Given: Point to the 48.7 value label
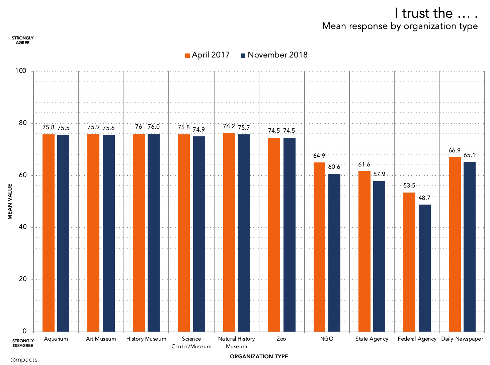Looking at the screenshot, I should pos(424,198).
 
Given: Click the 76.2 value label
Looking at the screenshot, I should pos(229,126).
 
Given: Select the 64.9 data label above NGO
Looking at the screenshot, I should pos(319,156).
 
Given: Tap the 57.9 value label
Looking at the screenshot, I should pos(379,174).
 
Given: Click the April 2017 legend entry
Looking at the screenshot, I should pos(208,55).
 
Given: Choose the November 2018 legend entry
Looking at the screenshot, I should pos(274,55).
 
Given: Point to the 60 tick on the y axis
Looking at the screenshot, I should pos(23,175).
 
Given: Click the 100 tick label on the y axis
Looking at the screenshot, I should pos(21,71).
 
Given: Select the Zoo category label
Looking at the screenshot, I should pos(281,339).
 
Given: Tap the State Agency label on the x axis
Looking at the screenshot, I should pos(372,339).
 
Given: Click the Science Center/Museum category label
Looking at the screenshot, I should pos(191,343).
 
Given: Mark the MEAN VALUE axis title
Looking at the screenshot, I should pos(10,201).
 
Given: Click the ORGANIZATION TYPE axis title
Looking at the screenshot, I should pos(259,357).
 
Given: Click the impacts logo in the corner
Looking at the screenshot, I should pos(24,360).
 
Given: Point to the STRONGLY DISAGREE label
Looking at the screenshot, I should pos(23,343).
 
